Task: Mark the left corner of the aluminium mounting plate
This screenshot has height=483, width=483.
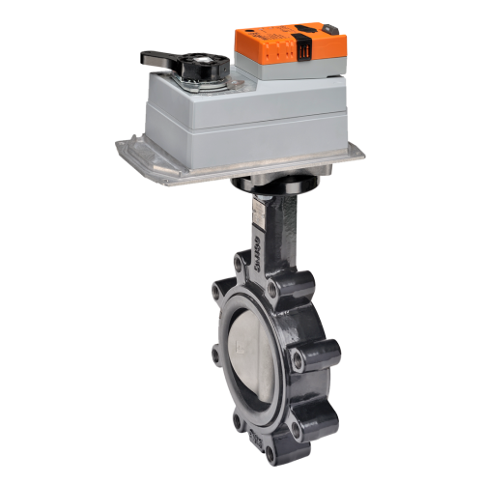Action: pyautogui.click(x=122, y=148)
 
